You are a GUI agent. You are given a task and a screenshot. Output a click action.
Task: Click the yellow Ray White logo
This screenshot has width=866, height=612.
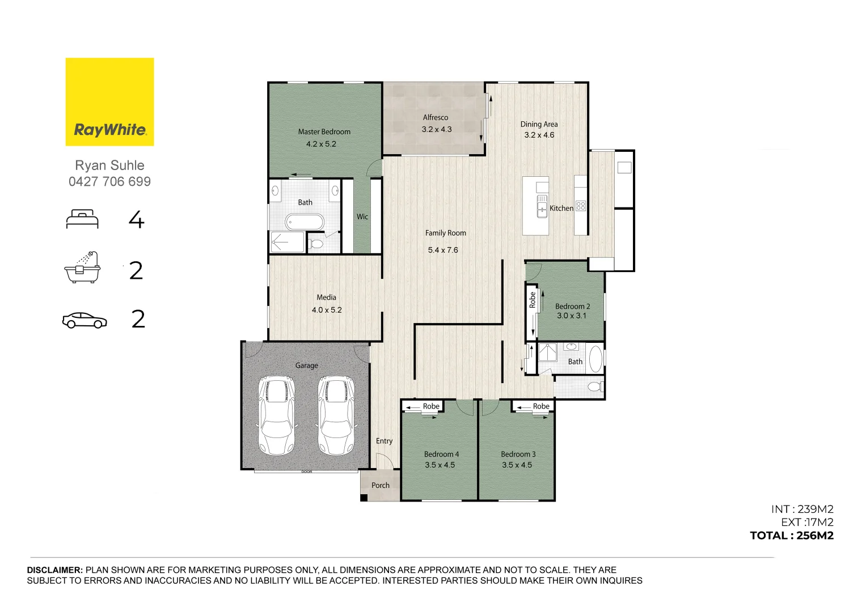click(x=109, y=101)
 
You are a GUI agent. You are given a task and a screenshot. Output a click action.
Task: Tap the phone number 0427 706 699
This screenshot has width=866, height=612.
click(x=109, y=181)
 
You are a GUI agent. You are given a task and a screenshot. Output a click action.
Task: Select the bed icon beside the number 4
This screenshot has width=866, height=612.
click(x=82, y=219)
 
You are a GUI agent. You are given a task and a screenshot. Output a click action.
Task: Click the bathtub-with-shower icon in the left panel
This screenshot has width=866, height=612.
click(x=82, y=267)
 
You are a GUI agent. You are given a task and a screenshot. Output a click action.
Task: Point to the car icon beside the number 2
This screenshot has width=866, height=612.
click(x=85, y=320)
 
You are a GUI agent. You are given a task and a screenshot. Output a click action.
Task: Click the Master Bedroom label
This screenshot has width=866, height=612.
click(x=324, y=131)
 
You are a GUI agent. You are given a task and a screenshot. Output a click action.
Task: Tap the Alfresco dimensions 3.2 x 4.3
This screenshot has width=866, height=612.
click(x=437, y=129)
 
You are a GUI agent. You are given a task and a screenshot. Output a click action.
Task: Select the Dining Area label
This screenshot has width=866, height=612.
click(x=539, y=124)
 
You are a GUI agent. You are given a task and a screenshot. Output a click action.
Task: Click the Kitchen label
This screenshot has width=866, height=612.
click(x=561, y=209)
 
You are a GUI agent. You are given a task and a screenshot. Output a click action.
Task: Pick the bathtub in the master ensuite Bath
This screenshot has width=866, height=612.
click(x=305, y=222)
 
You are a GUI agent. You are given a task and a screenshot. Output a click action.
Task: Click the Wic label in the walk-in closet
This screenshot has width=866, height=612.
click(x=362, y=216)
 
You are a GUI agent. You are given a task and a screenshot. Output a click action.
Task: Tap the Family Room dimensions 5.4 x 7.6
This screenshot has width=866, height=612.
click(x=443, y=250)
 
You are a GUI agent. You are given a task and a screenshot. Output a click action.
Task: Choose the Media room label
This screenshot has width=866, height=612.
click(x=326, y=297)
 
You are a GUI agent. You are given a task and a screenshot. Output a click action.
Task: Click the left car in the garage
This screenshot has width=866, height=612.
click(x=276, y=415)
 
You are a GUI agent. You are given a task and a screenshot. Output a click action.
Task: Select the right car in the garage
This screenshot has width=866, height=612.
click(x=336, y=415)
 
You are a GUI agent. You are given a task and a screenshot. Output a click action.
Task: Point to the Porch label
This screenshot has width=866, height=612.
click(x=381, y=485)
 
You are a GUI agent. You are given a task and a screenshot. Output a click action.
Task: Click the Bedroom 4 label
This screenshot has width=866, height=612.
click(x=441, y=454)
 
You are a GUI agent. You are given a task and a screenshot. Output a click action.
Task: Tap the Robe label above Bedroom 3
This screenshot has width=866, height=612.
click(x=541, y=406)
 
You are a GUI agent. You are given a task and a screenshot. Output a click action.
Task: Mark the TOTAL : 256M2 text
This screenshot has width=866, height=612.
click(x=792, y=535)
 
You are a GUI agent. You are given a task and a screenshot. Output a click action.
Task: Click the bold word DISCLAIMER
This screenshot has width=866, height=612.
click(x=55, y=570)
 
